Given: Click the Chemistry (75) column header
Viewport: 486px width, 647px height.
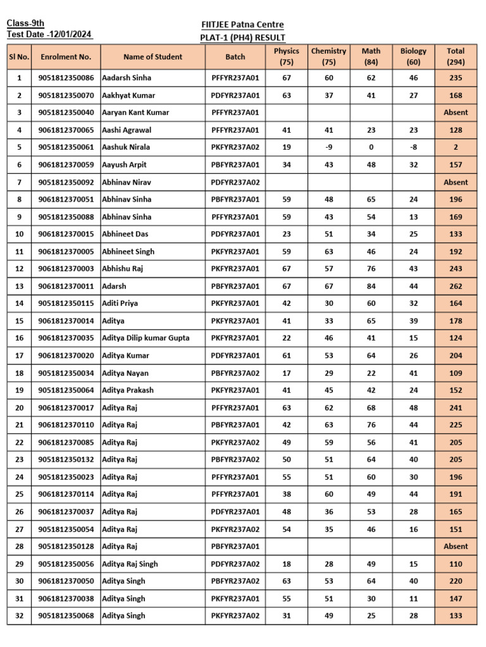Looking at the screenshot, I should pyautogui.click(x=328, y=56).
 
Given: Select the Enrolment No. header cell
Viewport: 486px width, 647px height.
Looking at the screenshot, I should pyautogui.click(x=66, y=57).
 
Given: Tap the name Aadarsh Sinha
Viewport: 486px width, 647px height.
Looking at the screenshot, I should pyautogui.click(x=127, y=78).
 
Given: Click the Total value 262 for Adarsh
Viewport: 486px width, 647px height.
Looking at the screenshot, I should pyautogui.click(x=456, y=286).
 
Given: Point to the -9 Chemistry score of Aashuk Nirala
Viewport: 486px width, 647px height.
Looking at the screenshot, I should pyautogui.click(x=328, y=147).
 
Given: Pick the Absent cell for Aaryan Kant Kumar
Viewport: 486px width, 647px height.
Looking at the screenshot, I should pyautogui.click(x=456, y=112).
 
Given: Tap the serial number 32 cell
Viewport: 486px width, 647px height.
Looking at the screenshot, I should pyautogui.click(x=19, y=615).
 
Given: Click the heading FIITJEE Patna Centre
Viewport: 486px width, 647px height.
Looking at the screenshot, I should pyautogui.click(x=242, y=25).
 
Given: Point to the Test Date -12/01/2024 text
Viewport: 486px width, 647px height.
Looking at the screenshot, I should pyautogui.click(x=49, y=35).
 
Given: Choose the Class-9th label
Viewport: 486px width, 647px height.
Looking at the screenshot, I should pyautogui.click(x=25, y=23).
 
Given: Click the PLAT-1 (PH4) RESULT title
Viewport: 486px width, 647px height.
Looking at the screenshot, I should pyautogui.click(x=242, y=37).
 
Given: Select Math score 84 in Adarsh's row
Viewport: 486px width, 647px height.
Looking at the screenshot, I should pyautogui.click(x=371, y=286).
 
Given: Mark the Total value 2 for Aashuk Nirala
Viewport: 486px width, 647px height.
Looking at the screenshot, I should pyautogui.click(x=456, y=147).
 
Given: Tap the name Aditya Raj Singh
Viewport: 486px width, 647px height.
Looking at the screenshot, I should pyautogui.click(x=130, y=564).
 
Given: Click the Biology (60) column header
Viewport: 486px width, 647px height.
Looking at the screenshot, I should pyautogui.click(x=413, y=56).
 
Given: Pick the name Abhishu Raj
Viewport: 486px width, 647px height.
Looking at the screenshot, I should pyautogui.click(x=122, y=269).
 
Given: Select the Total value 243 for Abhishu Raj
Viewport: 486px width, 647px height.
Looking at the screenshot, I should pyautogui.click(x=456, y=269).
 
